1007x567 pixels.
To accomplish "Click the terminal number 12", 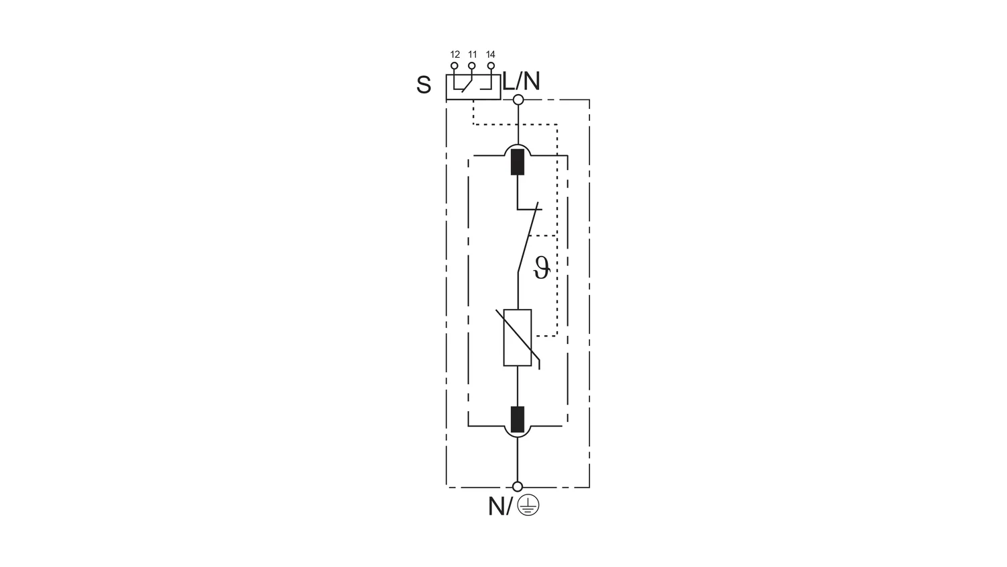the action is point(455,54).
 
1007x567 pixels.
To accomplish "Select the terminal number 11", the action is point(472,54).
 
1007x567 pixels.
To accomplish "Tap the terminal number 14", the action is point(491,54).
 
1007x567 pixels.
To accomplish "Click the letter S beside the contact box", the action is point(424,85).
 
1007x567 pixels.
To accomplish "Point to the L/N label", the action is point(521,81).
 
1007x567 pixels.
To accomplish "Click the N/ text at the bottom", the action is point(500,507).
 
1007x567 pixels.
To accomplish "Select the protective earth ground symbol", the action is point(528,505).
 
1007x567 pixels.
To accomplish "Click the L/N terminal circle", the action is point(518,100).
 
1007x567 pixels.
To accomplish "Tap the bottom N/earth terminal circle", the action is point(518,486).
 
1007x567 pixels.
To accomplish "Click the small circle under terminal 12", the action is point(454,66).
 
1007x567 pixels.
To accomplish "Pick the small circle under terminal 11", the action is point(471,66).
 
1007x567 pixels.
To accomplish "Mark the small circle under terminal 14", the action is point(491,66).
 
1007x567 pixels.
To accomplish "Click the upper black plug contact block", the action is point(518,162).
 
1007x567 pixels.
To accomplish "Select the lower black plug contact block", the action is point(518,419).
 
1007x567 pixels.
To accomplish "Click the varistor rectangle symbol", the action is point(518,337).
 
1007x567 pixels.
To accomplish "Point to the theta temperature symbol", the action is point(541,268).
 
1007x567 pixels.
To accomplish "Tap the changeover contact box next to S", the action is point(473,87).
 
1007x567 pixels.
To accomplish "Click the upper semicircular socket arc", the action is point(518,150).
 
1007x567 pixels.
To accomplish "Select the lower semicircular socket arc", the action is point(518,431).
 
